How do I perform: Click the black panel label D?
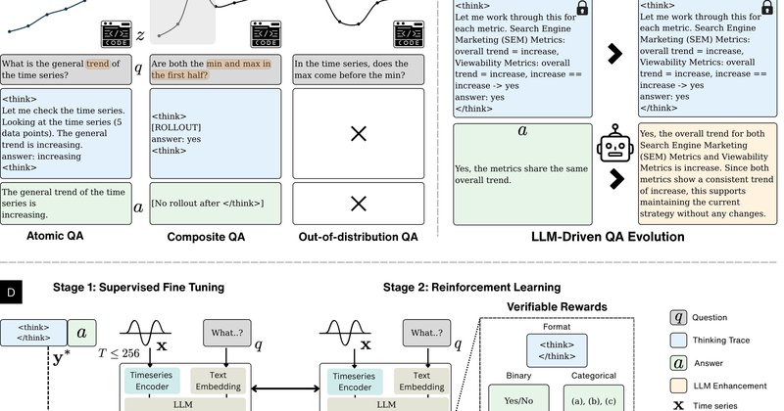pyautogui.click(x=11, y=293)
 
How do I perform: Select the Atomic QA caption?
pyautogui.click(x=55, y=236)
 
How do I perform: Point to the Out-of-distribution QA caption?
pyautogui.click(x=358, y=237)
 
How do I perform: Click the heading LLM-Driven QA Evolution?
pyautogui.click(x=608, y=237)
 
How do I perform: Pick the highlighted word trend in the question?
pyautogui.click(x=97, y=64)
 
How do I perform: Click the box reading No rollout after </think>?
pyautogui.click(x=216, y=204)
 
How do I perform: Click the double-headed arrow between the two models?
pyautogui.click(x=285, y=388)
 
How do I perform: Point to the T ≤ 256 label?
pyautogui.click(x=119, y=353)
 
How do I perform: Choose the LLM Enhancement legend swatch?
pyautogui.click(x=678, y=386)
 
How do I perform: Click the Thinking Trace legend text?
pyautogui.click(x=721, y=341)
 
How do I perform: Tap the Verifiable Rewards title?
pyautogui.click(x=557, y=306)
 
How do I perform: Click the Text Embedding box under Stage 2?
pyautogui.click(x=421, y=381)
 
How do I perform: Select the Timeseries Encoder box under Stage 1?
pyautogui.click(x=152, y=381)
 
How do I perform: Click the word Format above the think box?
pyautogui.click(x=557, y=327)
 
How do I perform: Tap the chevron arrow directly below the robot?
pyautogui.click(x=617, y=179)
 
